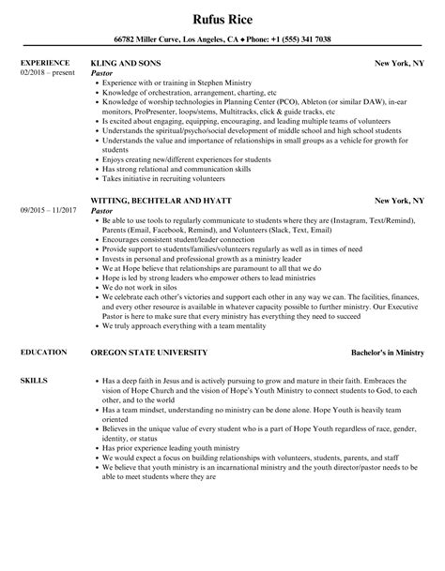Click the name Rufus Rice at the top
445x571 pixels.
(222, 17)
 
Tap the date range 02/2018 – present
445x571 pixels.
(48, 73)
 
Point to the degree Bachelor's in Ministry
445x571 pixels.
(378, 352)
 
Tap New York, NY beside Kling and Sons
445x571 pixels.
(399, 64)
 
